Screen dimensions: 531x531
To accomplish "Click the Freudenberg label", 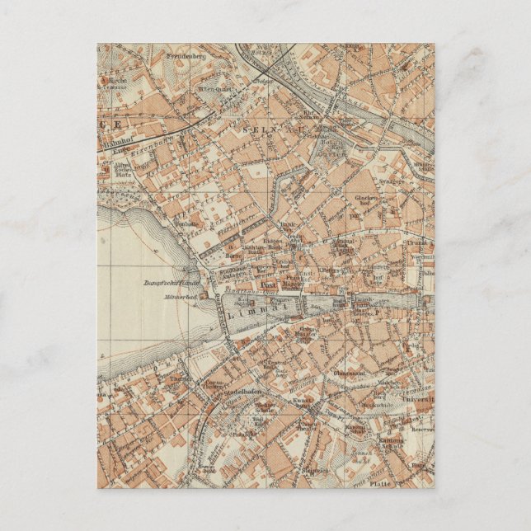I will [186, 57].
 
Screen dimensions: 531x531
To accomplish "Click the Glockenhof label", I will [367, 200].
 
